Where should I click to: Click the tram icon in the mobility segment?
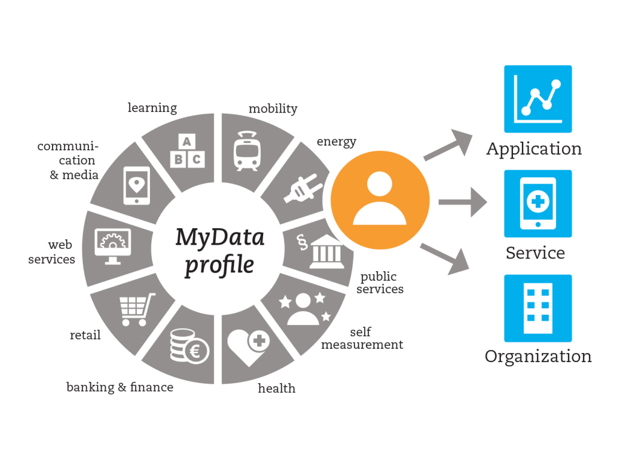click(x=247, y=151)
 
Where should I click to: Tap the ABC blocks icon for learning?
click(x=188, y=151)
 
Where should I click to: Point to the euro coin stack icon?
click(x=189, y=346)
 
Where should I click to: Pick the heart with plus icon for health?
click(x=249, y=348)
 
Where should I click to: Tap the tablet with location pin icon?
click(x=137, y=186)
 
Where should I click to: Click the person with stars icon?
click(x=304, y=309)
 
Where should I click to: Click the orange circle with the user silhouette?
click(x=380, y=200)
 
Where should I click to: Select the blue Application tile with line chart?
click(x=538, y=99)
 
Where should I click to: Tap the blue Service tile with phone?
click(x=538, y=203)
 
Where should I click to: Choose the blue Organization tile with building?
click(x=538, y=308)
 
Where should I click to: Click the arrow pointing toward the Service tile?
click(x=463, y=202)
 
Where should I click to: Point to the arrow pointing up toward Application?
click(x=448, y=145)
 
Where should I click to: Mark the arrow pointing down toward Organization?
click(x=445, y=259)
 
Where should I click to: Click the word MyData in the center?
click(x=220, y=238)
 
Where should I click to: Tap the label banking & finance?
click(x=120, y=387)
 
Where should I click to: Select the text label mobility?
click(x=273, y=108)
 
